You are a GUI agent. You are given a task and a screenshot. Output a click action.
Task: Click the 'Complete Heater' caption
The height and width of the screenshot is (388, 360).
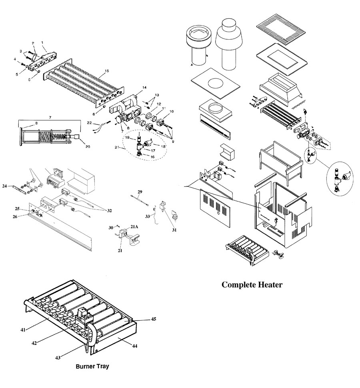coord(252,285)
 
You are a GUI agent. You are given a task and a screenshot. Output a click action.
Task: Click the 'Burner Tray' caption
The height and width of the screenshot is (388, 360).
coord(92,366)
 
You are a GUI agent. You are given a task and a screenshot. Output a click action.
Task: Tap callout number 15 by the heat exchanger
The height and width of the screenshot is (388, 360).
coord(106,71)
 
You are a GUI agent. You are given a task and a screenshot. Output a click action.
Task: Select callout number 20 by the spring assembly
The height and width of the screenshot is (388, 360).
coord(88,147)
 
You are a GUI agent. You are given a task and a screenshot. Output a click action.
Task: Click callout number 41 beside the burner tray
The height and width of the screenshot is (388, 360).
coord(23,330)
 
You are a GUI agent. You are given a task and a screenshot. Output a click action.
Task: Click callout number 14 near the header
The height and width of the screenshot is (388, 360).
coord(144,87)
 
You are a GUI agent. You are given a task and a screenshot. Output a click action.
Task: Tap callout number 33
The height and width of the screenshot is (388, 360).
coord(148,216)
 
